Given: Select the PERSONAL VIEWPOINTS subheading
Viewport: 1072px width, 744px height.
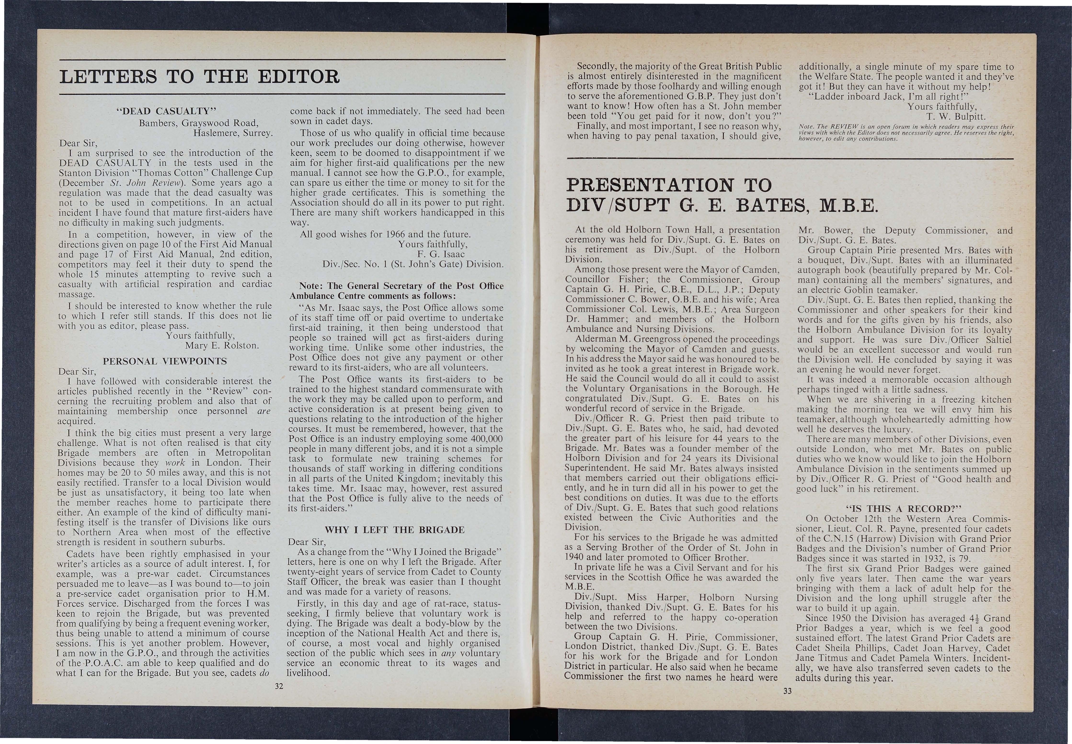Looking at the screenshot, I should (x=165, y=361).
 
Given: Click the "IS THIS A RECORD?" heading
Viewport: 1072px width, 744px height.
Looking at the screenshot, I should (x=904, y=509).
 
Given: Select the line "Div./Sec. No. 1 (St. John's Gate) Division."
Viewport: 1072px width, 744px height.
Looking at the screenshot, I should (x=413, y=264).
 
